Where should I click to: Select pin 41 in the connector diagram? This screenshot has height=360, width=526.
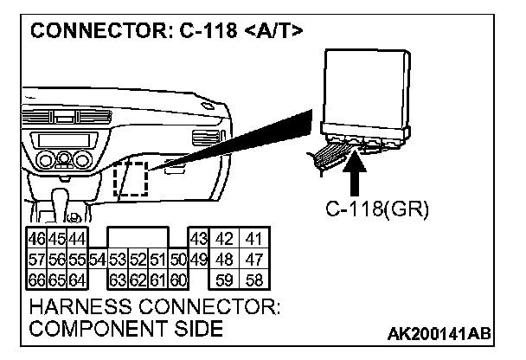pyautogui.click(x=253, y=238)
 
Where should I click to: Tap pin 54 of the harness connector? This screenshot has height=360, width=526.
pyautogui.click(x=97, y=259)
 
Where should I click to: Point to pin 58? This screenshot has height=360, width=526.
pyautogui.click(x=253, y=280)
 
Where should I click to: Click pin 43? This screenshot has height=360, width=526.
pyautogui.click(x=197, y=238)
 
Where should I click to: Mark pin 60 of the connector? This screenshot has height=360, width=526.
pyautogui.click(x=178, y=280)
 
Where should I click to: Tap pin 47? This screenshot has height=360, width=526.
pyautogui.click(x=253, y=259)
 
